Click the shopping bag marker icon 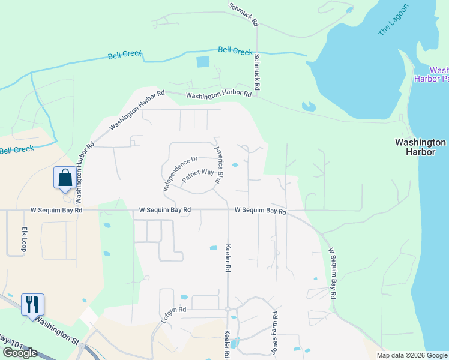point(65,178)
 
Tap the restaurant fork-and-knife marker point(32,304)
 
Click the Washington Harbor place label point(420,147)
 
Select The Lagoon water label point(393,20)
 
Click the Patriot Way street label point(199,174)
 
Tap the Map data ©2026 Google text point(411,355)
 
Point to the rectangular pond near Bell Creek point(203,61)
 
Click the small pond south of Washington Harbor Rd point(309,107)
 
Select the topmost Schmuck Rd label point(243,14)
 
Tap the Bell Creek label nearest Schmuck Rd point(235,51)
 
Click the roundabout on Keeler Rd point(228,309)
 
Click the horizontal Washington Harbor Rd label point(218,94)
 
